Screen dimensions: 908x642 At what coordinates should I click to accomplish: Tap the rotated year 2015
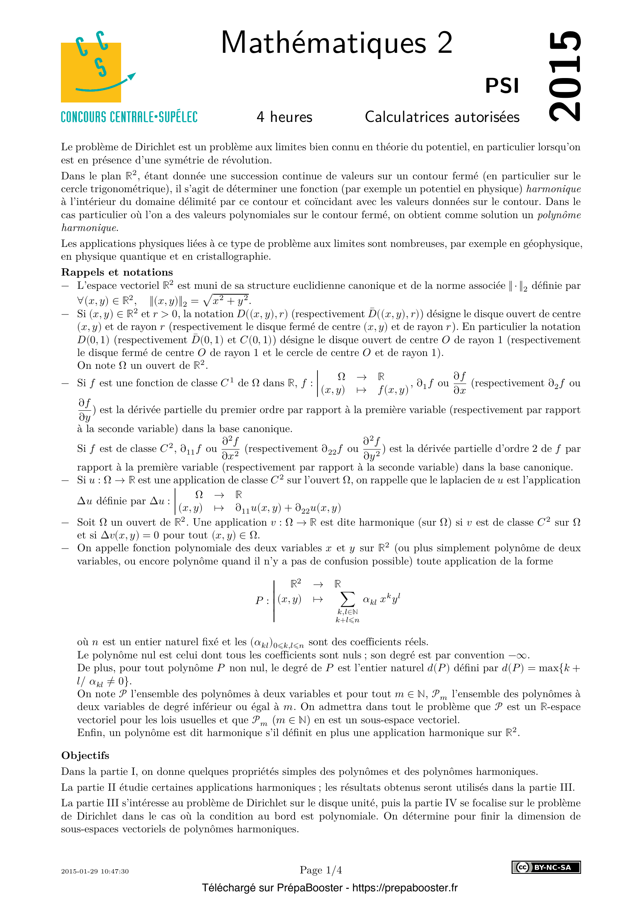565,76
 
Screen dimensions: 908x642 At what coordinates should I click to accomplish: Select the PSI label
501,86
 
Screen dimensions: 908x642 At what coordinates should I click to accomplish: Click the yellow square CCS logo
91,73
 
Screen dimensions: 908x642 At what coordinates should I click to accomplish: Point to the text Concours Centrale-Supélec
129,117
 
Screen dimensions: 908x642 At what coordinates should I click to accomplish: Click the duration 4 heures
284,117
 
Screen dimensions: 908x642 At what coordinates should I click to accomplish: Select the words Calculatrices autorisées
442,117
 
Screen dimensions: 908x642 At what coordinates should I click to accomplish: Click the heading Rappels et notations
117,272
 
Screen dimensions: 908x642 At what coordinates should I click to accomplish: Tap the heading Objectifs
85,755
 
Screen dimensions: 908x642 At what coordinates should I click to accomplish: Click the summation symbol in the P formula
347,599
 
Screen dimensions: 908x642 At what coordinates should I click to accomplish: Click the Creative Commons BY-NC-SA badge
546,867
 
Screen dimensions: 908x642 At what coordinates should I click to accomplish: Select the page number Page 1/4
321,870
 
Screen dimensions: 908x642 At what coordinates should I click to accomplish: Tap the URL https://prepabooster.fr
405,888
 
